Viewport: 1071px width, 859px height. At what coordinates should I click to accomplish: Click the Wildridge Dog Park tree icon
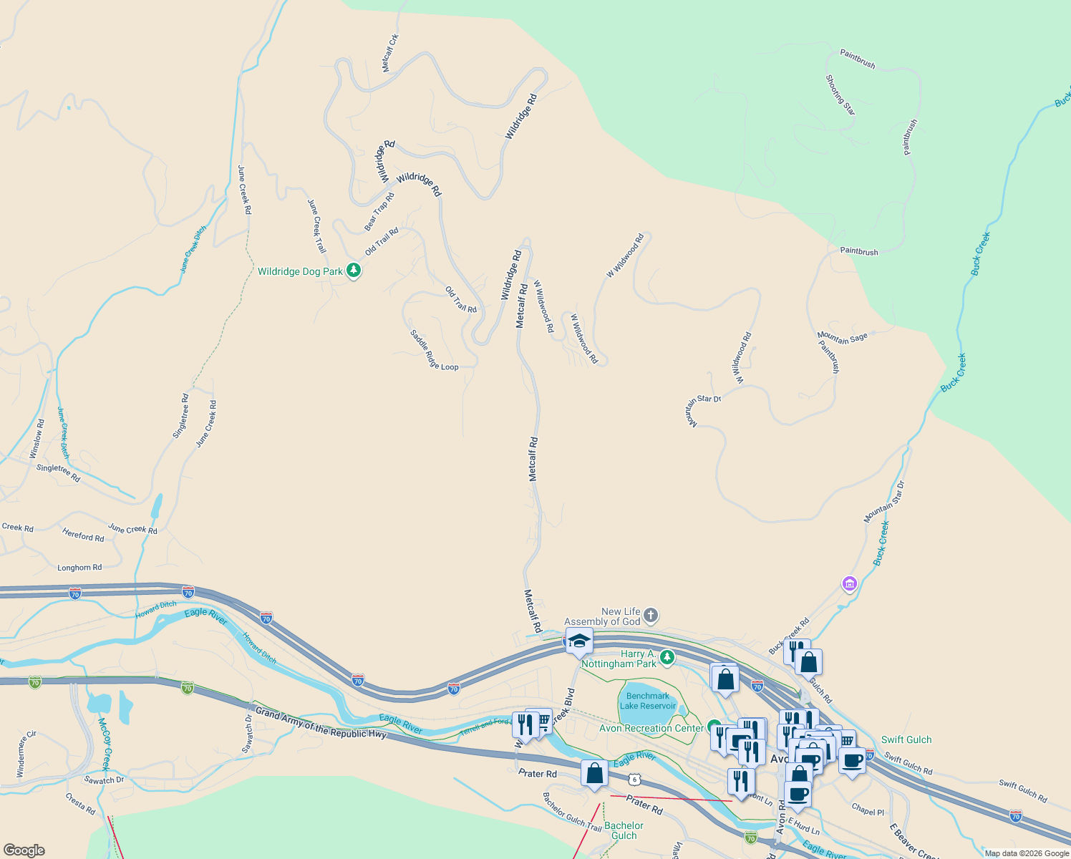(x=353, y=271)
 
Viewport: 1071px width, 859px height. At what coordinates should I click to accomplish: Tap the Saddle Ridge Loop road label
(x=433, y=351)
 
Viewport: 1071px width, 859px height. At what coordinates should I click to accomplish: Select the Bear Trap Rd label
(x=379, y=212)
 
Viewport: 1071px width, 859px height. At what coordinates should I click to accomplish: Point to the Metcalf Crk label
(x=390, y=53)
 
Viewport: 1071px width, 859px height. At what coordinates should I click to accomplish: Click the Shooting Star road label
(x=840, y=94)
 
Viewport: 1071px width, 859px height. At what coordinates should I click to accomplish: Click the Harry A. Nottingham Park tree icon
(x=667, y=656)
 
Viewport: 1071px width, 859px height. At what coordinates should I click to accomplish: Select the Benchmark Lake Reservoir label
(x=648, y=701)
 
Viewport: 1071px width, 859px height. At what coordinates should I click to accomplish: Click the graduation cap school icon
(x=578, y=641)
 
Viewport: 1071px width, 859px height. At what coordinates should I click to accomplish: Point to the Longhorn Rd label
(x=79, y=568)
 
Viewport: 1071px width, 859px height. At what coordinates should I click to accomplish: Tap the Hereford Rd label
(x=83, y=535)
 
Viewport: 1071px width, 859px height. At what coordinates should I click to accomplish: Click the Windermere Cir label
(x=26, y=754)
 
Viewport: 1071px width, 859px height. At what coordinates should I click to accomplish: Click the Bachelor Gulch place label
(x=624, y=830)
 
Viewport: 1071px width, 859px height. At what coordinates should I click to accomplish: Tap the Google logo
(x=24, y=850)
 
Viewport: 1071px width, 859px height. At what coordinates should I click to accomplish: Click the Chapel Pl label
(x=868, y=810)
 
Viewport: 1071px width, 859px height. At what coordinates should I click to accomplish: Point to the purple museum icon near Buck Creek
(x=850, y=584)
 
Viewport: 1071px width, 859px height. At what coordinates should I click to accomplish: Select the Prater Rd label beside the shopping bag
(x=537, y=774)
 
